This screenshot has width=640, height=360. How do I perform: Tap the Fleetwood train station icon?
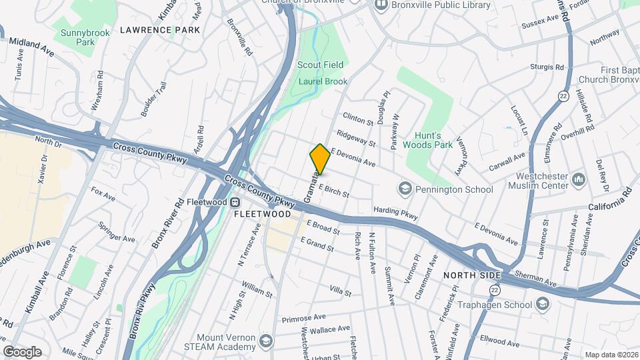pyautogui.click(x=235, y=203)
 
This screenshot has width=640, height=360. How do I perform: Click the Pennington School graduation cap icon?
pyautogui.click(x=404, y=189)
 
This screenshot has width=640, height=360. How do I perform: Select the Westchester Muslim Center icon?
pyautogui.click(x=579, y=179)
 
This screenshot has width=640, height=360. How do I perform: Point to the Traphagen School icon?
pyautogui.click(x=543, y=305)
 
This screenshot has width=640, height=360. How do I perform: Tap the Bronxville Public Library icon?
pyautogui.click(x=382, y=5)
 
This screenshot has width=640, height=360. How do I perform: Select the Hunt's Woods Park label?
pyautogui.click(x=429, y=140)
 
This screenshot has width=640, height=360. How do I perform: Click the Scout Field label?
pyautogui.click(x=321, y=65)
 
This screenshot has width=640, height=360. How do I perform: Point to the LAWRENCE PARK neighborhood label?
pyautogui.click(x=160, y=30)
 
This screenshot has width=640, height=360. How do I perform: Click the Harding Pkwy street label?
pyautogui.click(x=395, y=212)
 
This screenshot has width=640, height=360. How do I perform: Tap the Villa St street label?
pyautogui.click(x=340, y=291)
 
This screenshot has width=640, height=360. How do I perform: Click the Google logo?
pyautogui.click(x=22, y=352)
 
